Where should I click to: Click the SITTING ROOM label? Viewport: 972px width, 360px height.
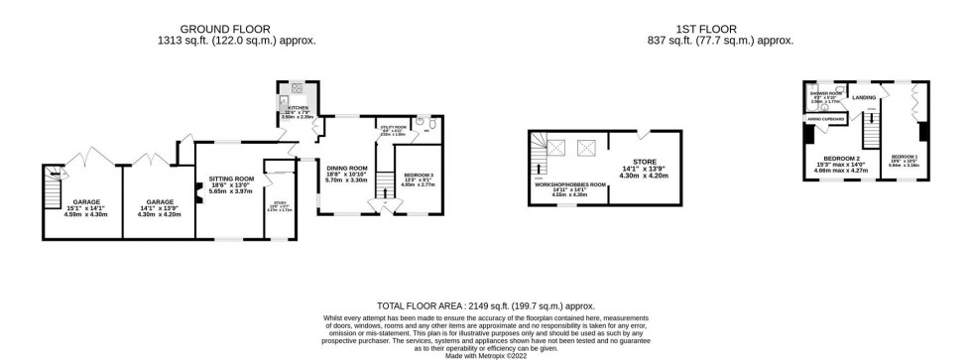(231, 180)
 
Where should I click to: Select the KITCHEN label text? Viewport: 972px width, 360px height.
(299, 107)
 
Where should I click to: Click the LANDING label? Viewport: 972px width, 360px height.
(863, 97)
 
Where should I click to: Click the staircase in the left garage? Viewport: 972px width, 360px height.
(55, 184)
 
